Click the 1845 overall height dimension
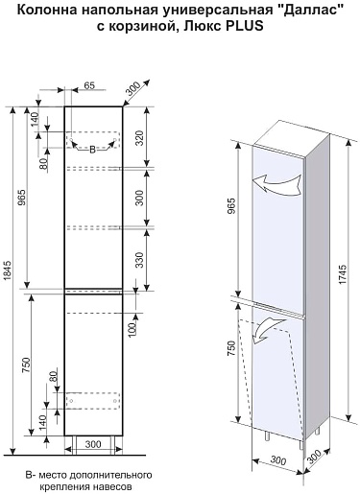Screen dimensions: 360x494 coord(8,271)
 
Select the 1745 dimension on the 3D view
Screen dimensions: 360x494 coord(342,274)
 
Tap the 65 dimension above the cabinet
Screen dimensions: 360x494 coord(89,85)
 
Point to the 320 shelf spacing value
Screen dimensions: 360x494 coord(139,138)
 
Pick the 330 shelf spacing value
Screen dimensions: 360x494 coord(139,260)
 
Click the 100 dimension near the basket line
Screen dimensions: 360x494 coord(132,328)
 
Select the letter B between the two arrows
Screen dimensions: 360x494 coord(92,150)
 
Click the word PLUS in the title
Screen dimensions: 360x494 coord(245,26)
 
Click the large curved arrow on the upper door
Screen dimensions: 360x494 coord(277,183)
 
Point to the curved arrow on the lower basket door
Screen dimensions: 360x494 coord(269,330)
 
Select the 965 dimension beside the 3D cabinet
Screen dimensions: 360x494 coord(231,206)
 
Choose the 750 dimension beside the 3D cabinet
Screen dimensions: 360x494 coord(231,348)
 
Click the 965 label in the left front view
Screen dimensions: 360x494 coord(21,198)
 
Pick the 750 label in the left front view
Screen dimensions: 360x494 coord(26,365)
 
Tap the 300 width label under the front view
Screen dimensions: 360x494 coord(93,444)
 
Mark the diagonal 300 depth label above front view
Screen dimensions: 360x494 coord(132,89)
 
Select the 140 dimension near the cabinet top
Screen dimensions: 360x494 coord(35,119)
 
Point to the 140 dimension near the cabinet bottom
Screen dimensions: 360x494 coord(42,422)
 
